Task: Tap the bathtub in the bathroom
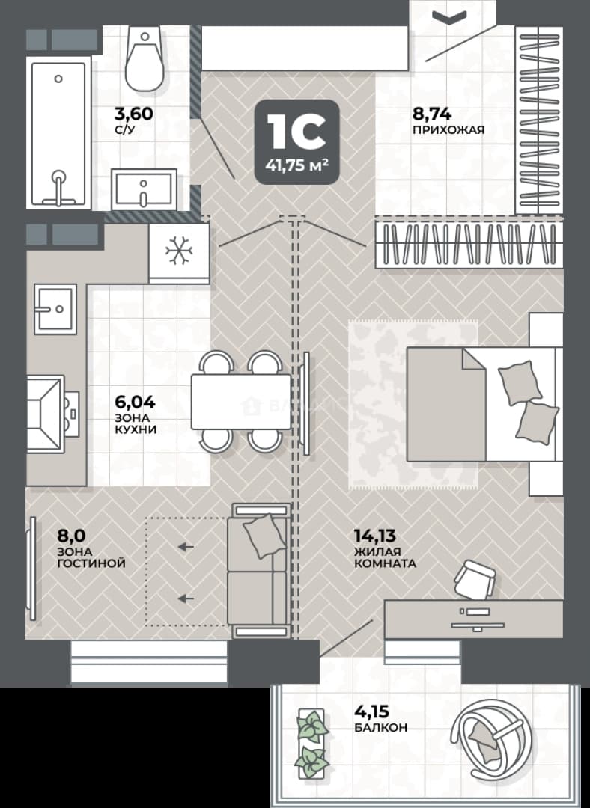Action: (x=59, y=134)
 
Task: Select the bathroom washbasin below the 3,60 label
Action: (x=144, y=189)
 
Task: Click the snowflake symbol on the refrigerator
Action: (x=179, y=251)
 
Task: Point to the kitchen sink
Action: (x=55, y=309)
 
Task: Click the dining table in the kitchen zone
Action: (x=241, y=402)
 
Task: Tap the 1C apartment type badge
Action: (x=297, y=141)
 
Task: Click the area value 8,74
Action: (x=432, y=114)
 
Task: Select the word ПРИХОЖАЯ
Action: (x=448, y=130)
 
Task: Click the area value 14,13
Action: (x=375, y=536)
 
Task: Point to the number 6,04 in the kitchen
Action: (x=135, y=402)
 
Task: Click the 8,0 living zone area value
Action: (x=72, y=536)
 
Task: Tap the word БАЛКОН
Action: (x=380, y=728)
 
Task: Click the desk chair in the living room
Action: (x=475, y=578)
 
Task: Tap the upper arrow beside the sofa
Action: (x=186, y=547)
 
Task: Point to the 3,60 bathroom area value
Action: (x=134, y=114)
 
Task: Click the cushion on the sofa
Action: (x=264, y=536)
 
